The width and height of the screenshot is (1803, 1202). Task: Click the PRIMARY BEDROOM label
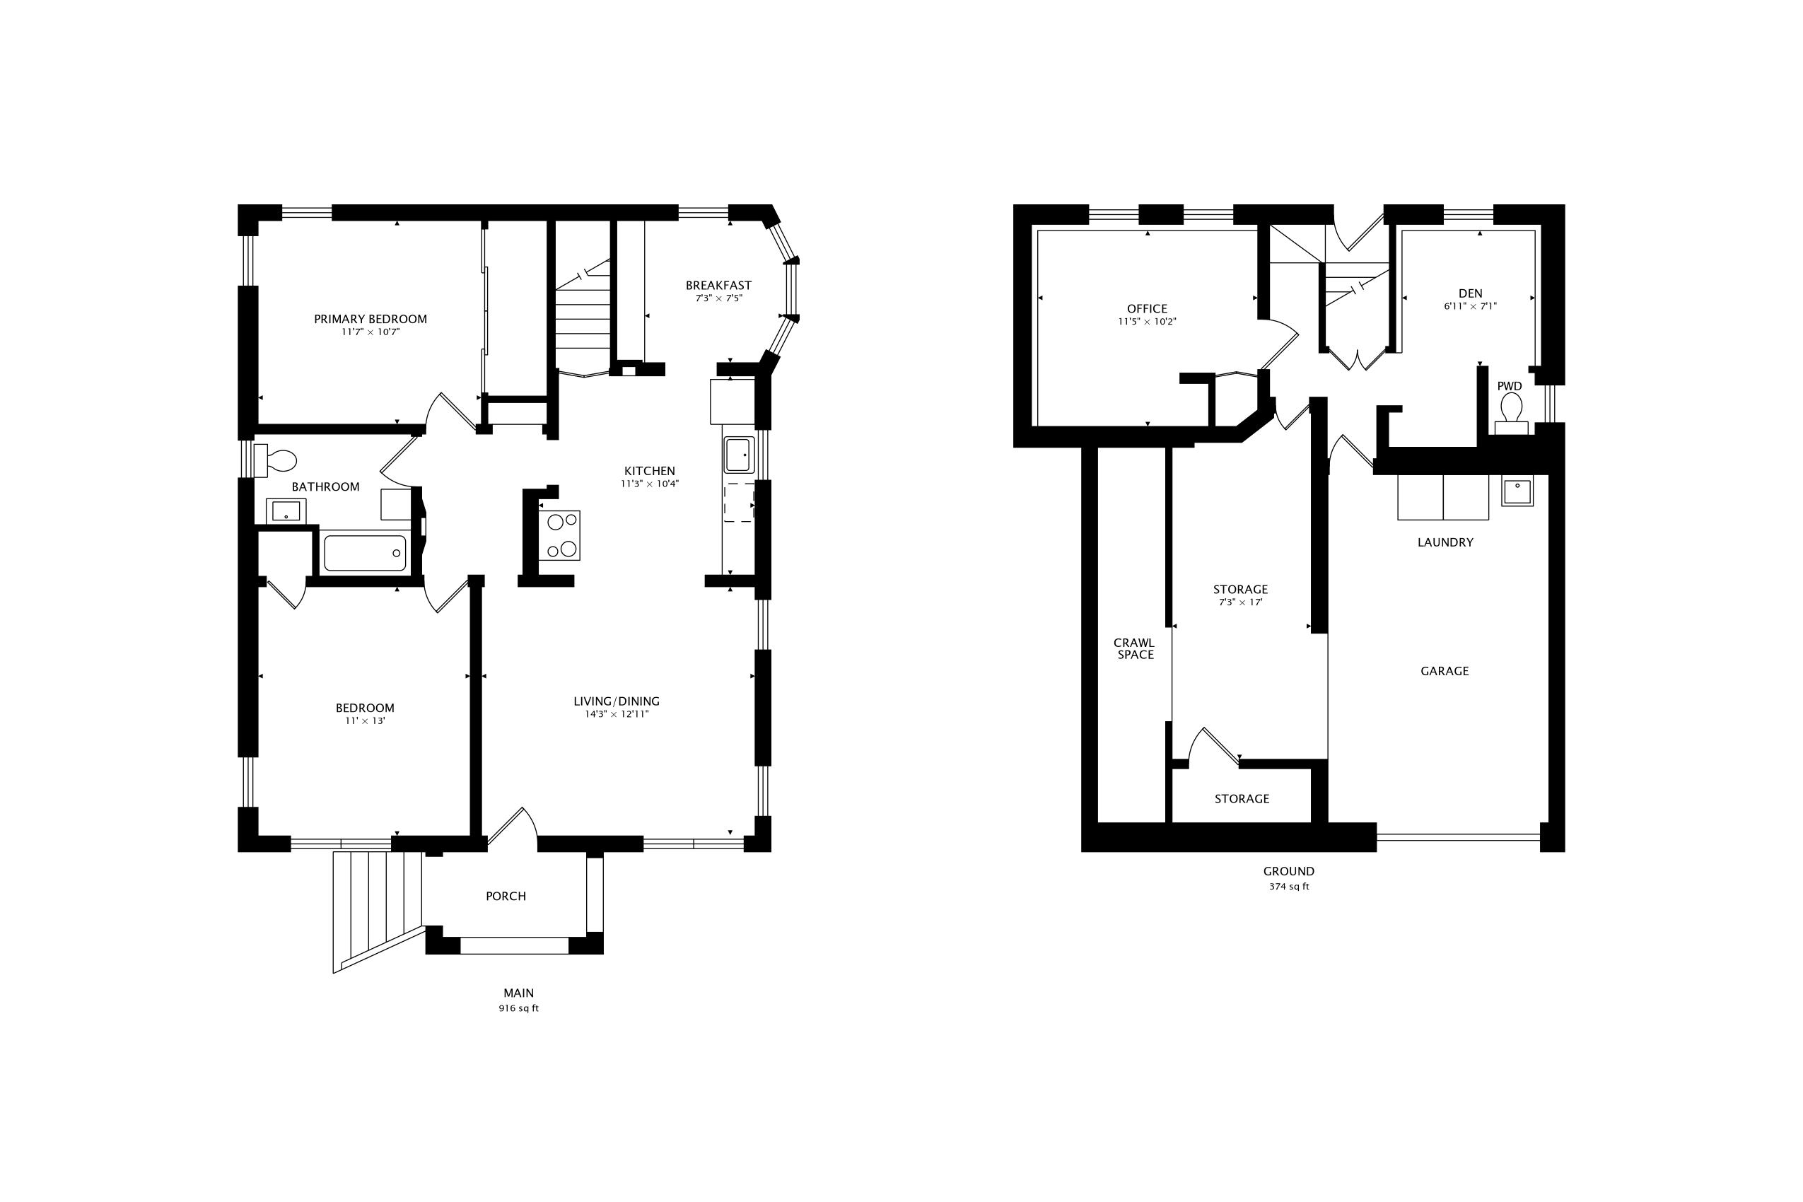coord(370,319)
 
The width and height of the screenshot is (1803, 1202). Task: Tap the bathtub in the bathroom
coord(365,553)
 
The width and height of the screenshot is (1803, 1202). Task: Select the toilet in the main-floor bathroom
coord(277,461)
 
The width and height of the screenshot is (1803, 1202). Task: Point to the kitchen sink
coord(739,455)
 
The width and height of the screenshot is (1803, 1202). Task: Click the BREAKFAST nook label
coord(718,285)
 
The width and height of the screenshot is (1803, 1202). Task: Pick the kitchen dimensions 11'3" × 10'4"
coord(649,484)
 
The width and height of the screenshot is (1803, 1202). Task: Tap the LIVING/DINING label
coord(617,701)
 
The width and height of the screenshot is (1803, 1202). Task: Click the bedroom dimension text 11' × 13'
coord(365,721)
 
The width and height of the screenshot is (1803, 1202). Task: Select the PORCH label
coord(506,896)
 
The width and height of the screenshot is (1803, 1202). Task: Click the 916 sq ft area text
coord(519,1009)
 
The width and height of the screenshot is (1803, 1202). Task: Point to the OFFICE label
coord(1147,309)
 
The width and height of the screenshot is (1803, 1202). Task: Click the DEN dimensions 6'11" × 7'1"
coord(1470,306)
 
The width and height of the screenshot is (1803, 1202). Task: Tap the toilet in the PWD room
coord(1511,407)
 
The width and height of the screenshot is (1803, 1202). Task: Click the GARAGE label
coord(1445,671)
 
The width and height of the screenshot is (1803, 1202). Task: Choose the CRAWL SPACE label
coord(1134,648)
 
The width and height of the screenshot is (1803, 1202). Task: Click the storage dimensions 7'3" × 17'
coord(1240,602)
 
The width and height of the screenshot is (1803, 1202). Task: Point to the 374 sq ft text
coord(1289,887)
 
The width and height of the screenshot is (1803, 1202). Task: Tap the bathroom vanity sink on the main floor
coord(286,510)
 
